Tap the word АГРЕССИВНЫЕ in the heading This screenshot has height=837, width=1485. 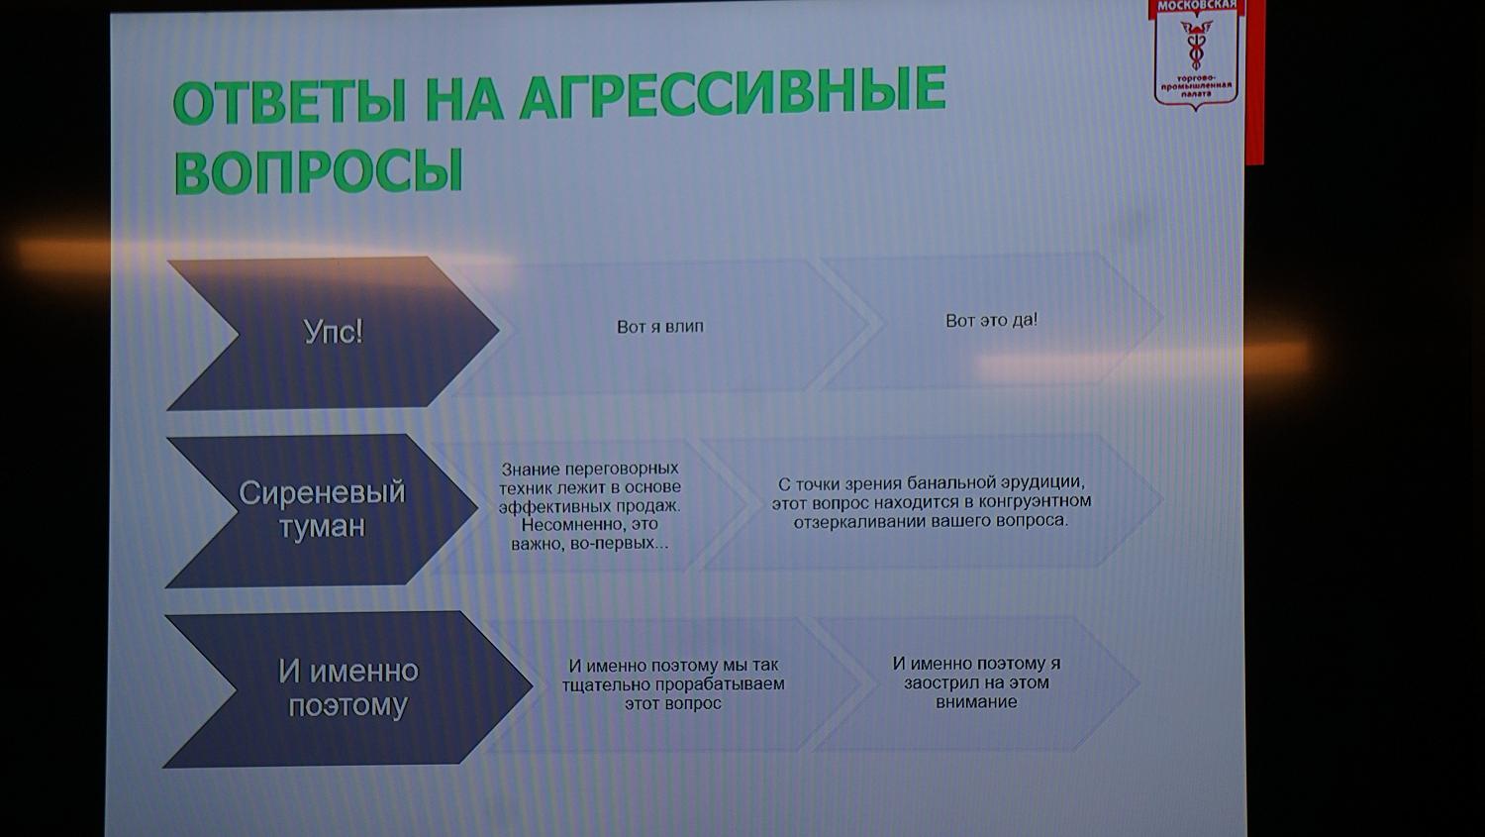733,93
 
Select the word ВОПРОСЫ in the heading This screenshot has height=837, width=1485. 319,170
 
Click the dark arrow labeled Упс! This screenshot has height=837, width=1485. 333,331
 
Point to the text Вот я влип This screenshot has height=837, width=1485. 659,326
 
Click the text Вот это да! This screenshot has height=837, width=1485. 991,320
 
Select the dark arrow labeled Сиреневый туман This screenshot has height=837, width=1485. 322,509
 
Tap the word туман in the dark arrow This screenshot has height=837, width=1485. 322,527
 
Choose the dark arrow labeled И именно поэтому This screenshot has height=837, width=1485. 347,687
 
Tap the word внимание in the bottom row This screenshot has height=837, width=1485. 976,702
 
